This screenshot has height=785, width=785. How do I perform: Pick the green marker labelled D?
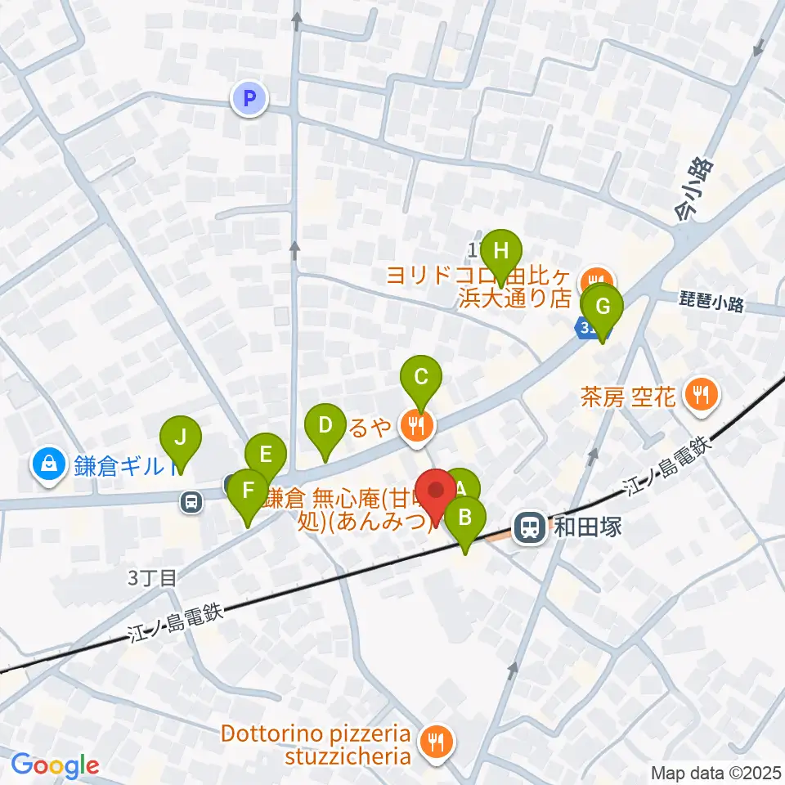click(x=325, y=427)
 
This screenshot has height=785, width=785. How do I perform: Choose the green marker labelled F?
click(x=248, y=491)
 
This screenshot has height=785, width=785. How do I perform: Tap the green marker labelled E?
click(x=265, y=455)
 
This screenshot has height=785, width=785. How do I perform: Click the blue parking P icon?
click(x=250, y=100)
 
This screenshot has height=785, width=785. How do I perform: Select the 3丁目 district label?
click(x=152, y=578)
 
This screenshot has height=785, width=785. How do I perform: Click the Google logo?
click(x=56, y=765)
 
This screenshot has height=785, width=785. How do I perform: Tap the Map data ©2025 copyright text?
click(x=716, y=773)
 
